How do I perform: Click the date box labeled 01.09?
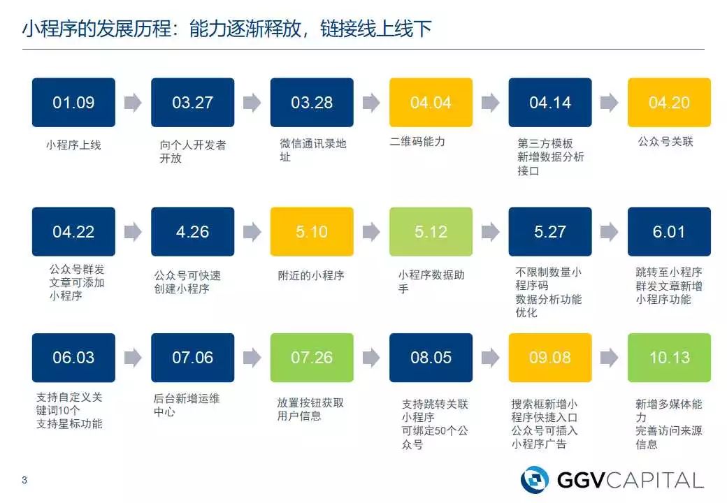pyautogui.click(x=73, y=103)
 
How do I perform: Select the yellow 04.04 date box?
pyautogui.click(x=431, y=103)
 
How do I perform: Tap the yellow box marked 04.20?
pyautogui.click(x=669, y=103)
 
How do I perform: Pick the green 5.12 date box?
pyautogui.click(x=431, y=232)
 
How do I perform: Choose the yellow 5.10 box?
pyautogui.click(x=312, y=232)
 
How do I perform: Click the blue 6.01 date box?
pyautogui.click(x=669, y=232)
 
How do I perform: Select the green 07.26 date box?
pyautogui.click(x=312, y=358)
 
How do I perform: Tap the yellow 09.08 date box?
pyautogui.click(x=550, y=358)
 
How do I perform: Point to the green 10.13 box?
pyautogui.click(x=669, y=358)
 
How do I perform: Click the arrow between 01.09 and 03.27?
pyautogui.click(x=133, y=103)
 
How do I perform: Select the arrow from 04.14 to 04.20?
pyautogui.click(x=610, y=103)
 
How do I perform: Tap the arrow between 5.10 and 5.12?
pyautogui.click(x=371, y=232)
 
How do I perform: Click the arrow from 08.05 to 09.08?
pyautogui.click(x=491, y=358)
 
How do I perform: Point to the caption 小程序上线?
pyautogui.click(x=73, y=145)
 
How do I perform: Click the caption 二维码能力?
pyautogui.click(x=417, y=142)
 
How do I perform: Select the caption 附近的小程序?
pyautogui.click(x=311, y=275)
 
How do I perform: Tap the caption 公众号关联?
pyautogui.click(x=665, y=142)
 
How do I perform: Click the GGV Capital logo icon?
pyautogui.click(x=535, y=479)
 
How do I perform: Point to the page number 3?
pyautogui.click(x=24, y=480)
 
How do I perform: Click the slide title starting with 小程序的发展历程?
pyautogui.click(x=227, y=29)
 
